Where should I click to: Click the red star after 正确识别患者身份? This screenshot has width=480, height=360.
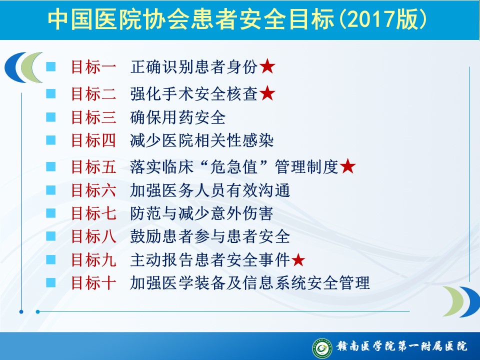(267, 66)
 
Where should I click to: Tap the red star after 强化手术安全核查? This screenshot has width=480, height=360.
(267, 93)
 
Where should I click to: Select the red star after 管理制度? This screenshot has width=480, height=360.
(348, 166)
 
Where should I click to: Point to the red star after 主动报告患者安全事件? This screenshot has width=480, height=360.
(298, 260)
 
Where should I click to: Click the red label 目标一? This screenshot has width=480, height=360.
(93, 66)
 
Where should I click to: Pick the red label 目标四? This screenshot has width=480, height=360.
(93, 141)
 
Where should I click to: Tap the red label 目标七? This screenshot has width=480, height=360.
(93, 213)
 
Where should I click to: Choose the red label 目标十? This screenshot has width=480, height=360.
(93, 283)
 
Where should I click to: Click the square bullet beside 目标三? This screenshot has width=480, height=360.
(51, 117)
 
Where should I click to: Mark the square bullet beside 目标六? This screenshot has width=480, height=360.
(51, 190)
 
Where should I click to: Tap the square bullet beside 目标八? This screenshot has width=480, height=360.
(51, 236)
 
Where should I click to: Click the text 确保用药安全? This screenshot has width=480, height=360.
(178, 117)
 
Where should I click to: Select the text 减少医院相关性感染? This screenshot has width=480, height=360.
(201, 141)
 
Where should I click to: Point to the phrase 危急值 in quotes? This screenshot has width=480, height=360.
(233, 167)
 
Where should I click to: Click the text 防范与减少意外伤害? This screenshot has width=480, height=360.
(201, 213)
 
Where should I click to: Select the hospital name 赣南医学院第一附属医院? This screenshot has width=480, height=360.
(402, 346)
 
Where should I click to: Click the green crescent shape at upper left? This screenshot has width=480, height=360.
(31, 67)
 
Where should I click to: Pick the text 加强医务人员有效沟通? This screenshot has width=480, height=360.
(210, 190)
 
